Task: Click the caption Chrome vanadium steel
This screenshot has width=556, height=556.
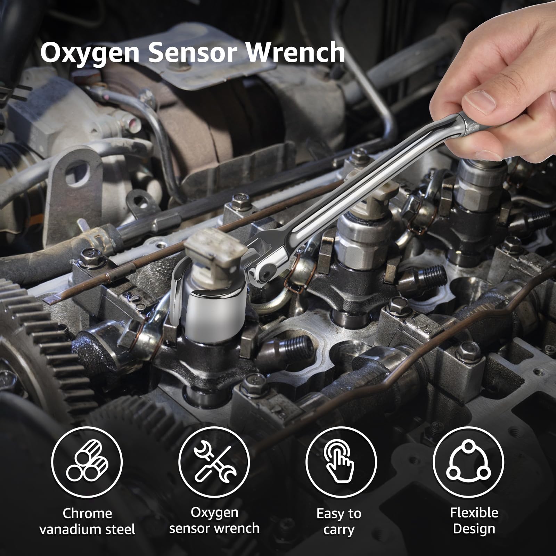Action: click(x=87, y=521)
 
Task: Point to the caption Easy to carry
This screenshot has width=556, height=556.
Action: click(x=339, y=521)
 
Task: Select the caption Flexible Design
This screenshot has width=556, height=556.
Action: click(x=474, y=520)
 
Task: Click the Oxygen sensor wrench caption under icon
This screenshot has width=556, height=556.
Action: click(x=214, y=520)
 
